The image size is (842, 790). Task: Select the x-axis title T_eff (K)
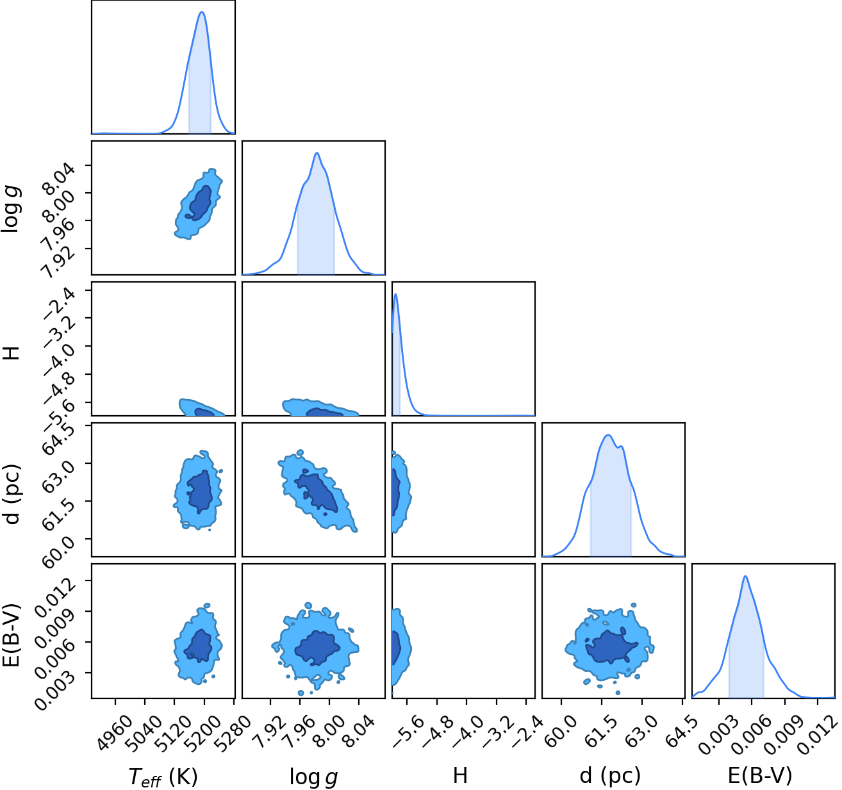click(x=163, y=777)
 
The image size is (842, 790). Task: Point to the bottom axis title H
click(x=460, y=775)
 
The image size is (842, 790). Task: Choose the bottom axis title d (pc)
click(x=610, y=776)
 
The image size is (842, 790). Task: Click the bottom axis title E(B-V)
click(x=760, y=776)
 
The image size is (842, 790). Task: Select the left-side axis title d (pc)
click(x=12, y=495)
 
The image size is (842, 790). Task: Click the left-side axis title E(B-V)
click(x=12, y=635)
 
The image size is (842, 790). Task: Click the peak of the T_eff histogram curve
click(x=202, y=12)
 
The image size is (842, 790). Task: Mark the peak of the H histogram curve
click(x=395, y=294)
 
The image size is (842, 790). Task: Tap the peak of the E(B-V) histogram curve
click(x=745, y=576)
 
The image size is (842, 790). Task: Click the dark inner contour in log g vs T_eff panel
click(x=200, y=202)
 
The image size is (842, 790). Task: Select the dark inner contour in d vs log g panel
click(x=317, y=491)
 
